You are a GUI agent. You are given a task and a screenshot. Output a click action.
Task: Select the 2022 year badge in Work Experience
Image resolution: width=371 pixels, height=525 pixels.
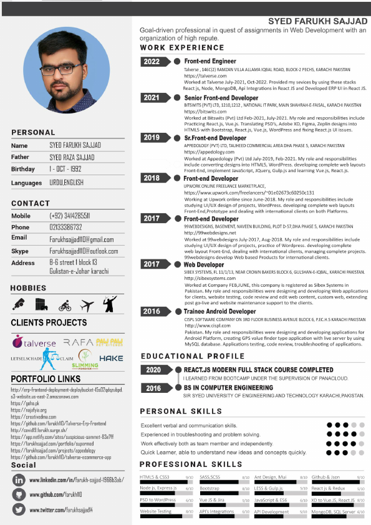(x=152, y=62)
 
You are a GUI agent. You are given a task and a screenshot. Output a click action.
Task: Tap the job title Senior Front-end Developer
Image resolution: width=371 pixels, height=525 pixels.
(x=221, y=98)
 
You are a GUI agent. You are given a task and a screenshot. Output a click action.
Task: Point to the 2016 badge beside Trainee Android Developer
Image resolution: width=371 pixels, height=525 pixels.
(x=152, y=311)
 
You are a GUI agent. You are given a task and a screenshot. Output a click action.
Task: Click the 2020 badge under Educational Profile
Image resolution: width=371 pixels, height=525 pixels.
(x=154, y=370)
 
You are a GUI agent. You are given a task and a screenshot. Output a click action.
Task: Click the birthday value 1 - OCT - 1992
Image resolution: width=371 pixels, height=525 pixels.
(x=66, y=170)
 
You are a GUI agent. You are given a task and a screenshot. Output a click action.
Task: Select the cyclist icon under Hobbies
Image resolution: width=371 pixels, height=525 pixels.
(x=65, y=306)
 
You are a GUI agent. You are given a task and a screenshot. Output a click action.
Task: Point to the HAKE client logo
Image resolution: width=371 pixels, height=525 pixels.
(x=111, y=359)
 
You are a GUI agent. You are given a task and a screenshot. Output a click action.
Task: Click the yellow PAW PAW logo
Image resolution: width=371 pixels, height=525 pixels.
(x=110, y=342)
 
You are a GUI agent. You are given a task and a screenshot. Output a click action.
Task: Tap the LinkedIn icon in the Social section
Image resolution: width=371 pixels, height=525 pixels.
(x=19, y=480)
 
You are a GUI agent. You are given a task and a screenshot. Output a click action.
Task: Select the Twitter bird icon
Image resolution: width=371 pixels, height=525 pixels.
(x=19, y=509)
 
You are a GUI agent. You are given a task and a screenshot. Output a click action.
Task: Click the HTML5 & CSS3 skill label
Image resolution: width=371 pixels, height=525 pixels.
(x=154, y=476)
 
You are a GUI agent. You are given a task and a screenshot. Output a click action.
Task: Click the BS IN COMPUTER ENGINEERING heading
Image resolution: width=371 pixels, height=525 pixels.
(x=228, y=388)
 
